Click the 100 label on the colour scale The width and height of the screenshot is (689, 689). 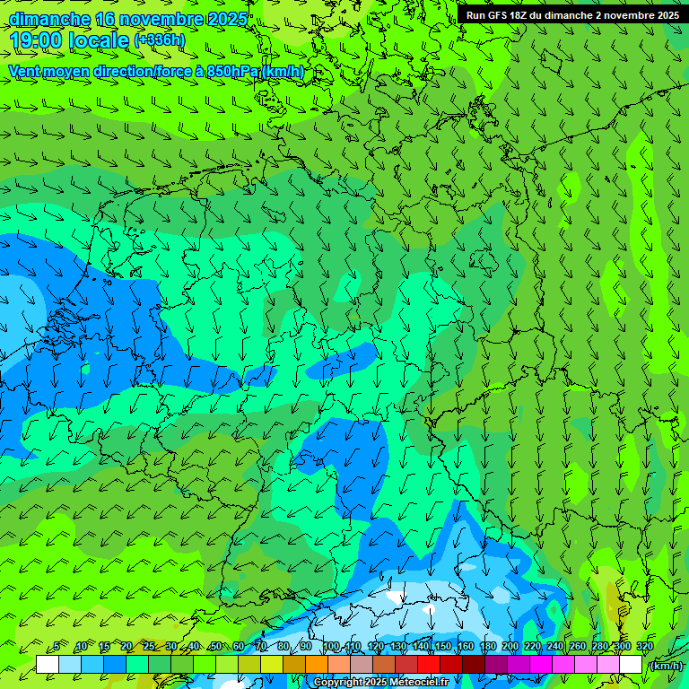pos(331,646)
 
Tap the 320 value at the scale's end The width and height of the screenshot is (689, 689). pos(644,646)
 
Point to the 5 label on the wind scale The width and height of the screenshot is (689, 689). pos(57,646)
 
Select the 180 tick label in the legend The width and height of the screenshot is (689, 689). pos(488,646)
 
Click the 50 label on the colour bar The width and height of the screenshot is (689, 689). pos(215,646)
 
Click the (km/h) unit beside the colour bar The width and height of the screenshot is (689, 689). pos(665,666)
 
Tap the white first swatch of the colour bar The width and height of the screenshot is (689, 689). pos(48,664)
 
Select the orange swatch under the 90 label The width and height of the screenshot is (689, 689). pos(317,664)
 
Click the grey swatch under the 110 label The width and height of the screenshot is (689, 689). pos(362,664)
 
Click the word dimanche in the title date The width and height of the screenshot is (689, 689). pos(49,19)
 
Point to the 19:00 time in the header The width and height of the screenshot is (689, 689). pos(37,40)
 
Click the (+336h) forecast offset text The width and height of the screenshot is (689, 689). pos(160,40)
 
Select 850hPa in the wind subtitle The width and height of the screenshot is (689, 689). pos(231,72)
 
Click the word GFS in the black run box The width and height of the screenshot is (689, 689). pos(500,15)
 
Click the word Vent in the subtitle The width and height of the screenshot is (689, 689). pos(25,72)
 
